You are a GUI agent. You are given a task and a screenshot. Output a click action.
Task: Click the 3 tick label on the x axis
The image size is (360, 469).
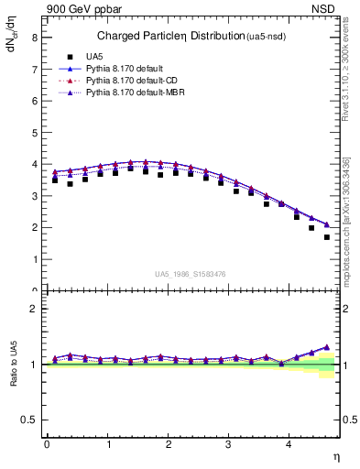[x=229, y=443]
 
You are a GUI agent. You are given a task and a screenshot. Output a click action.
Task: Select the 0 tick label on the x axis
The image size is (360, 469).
[x=47, y=443]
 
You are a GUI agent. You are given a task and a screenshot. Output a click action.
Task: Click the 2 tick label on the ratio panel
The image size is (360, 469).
[x=34, y=309]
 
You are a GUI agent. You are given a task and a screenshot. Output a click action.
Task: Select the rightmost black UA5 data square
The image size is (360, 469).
[x=327, y=237]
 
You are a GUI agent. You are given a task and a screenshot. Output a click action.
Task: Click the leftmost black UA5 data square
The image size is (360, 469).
[x=55, y=180]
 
